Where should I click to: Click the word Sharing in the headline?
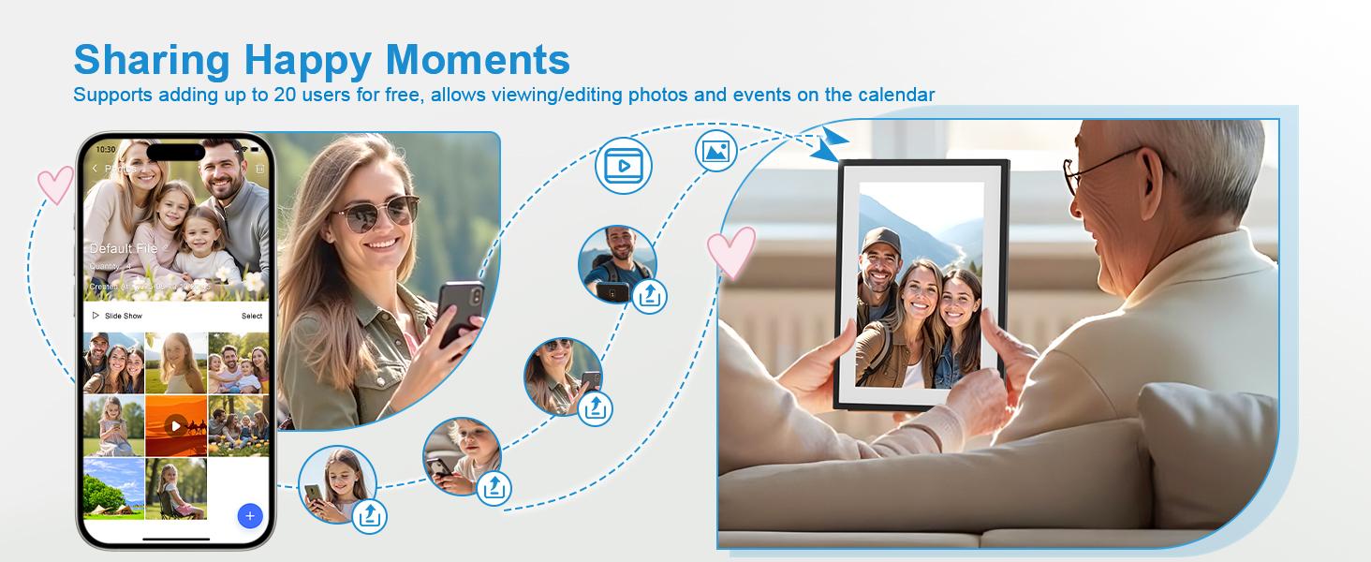tap(152, 59)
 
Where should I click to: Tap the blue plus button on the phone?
tap(249, 515)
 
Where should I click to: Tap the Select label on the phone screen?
tap(252, 317)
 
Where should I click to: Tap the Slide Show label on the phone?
tap(123, 317)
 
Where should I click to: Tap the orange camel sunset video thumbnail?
tap(175, 426)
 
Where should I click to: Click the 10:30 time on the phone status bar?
tap(107, 150)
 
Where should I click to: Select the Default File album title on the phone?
tap(123, 249)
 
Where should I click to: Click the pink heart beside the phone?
tap(54, 184)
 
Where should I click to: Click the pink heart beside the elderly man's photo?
tap(730, 253)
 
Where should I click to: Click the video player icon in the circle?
tap(623, 166)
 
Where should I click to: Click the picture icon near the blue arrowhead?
tap(716, 150)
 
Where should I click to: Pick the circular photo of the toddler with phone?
tap(461, 455)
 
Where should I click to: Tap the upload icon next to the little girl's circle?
tap(370, 515)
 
